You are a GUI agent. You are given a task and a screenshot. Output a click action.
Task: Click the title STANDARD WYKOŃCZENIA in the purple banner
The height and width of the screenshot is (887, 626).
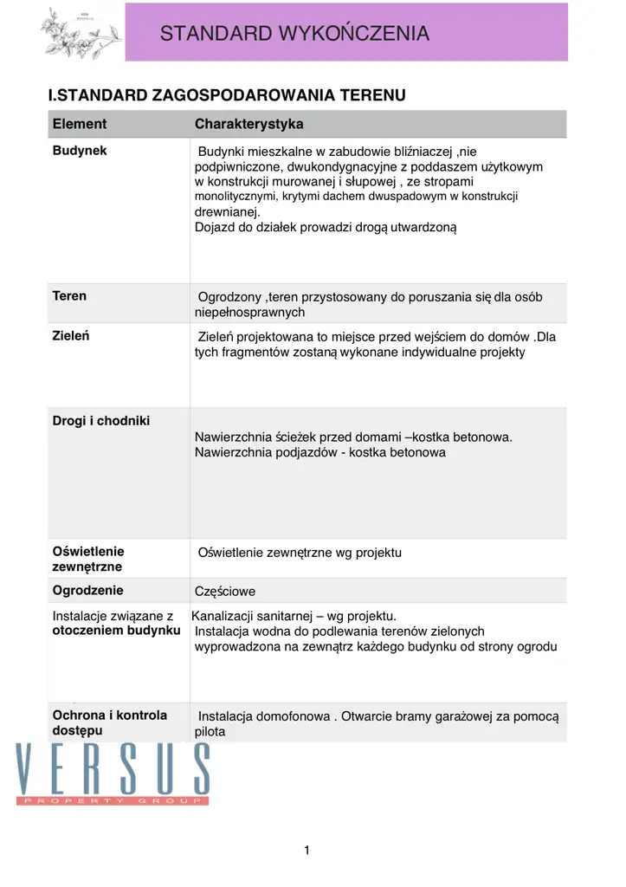pyautogui.click(x=294, y=34)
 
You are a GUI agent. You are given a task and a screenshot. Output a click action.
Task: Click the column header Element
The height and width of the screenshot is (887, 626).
pyautogui.click(x=80, y=124)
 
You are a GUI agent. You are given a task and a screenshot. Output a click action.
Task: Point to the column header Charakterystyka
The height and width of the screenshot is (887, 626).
pyautogui.click(x=248, y=124)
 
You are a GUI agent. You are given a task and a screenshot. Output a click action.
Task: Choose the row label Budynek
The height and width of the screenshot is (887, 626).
pyautogui.click(x=80, y=151)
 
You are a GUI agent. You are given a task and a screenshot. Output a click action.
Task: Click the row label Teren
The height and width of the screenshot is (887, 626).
pyautogui.click(x=69, y=295)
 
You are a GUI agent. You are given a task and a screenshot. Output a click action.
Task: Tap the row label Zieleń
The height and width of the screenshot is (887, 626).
pyautogui.click(x=71, y=335)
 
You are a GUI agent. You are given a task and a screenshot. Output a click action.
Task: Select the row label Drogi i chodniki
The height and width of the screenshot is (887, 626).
pyautogui.click(x=101, y=421)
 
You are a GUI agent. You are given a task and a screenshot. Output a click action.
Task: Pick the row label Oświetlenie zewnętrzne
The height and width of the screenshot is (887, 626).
pyautogui.click(x=88, y=559)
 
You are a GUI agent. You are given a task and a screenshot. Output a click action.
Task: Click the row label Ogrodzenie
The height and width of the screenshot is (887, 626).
pyautogui.click(x=88, y=591)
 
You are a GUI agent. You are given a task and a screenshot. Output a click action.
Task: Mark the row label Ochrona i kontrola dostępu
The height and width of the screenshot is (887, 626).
pyautogui.click(x=109, y=722)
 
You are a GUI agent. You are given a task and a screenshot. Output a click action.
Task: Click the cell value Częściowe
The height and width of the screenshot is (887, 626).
pyautogui.click(x=225, y=592)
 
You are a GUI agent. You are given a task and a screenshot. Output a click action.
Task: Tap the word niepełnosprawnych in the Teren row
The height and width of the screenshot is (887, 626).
pyautogui.click(x=249, y=312)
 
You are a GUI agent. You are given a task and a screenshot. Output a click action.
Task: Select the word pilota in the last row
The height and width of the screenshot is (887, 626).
pyautogui.click(x=210, y=732)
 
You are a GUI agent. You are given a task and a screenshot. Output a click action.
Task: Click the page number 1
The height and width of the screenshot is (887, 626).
pyautogui.click(x=307, y=851)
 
